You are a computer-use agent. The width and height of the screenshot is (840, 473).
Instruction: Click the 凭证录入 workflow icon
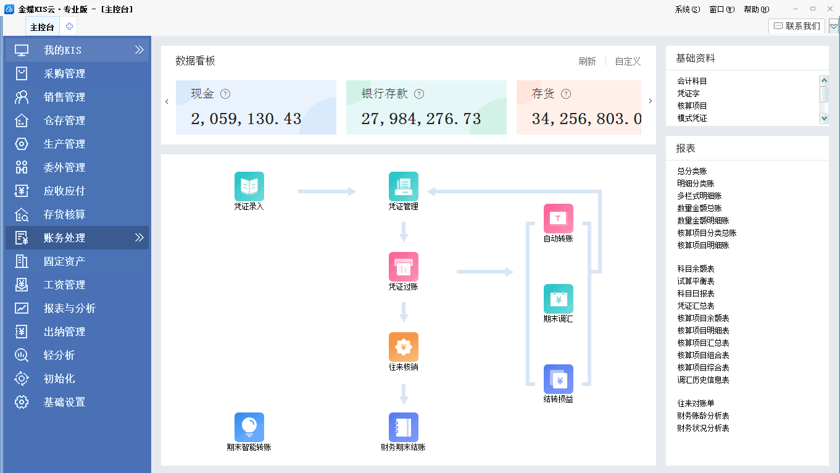pyautogui.click(x=249, y=186)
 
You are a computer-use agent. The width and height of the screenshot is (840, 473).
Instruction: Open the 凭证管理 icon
pyautogui.click(x=403, y=186)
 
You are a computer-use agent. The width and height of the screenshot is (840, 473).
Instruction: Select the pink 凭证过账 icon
pyautogui.click(x=403, y=267)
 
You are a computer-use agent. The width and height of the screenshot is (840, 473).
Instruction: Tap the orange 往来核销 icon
pyautogui.click(x=403, y=347)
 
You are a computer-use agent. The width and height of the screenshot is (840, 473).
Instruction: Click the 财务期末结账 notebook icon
pyautogui.click(x=403, y=427)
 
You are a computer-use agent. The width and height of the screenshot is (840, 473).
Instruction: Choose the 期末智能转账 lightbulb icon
pyautogui.click(x=249, y=427)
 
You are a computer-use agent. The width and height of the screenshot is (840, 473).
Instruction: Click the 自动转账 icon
pyautogui.click(x=558, y=219)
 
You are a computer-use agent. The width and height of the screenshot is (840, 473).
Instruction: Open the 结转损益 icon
pyautogui.click(x=558, y=379)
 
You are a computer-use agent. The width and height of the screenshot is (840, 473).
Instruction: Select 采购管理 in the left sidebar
pyautogui.click(x=64, y=74)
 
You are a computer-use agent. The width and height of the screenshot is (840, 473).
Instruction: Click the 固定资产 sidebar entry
pyautogui.click(x=64, y=262)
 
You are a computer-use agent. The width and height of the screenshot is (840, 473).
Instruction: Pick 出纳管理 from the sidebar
pyautogui.click(x=64, y=332)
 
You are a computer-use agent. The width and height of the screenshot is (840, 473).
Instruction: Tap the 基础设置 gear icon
pyautogui.click(x=22, y=402)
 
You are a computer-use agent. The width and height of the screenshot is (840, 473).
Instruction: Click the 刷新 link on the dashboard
pyautogui.click(x=587, y=62)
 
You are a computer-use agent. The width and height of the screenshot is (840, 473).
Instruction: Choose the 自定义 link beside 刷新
pyautogui.click(x=628, y=62)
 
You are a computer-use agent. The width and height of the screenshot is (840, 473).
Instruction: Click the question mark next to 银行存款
pyautogui.click(x=419, y=94)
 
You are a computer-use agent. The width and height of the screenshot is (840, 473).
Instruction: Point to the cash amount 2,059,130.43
pyautogui.click(x=246, y=119)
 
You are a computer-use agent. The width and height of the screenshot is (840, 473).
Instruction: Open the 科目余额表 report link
pyautogui.click(x=696, y=269)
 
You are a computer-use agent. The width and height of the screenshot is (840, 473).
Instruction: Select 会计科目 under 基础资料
pyautogui.click(x=692, y=82)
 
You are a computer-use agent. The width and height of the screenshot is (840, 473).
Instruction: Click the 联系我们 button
pyautogui.click(x=797, y=26)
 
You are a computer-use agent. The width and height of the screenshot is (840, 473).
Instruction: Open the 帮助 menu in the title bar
pyautogui.click(x=756, y=9)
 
